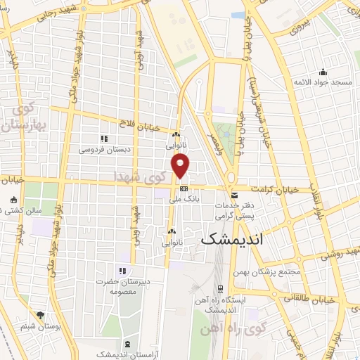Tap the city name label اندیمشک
click(x=231, y=239)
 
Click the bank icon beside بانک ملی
click(x=184, y=188)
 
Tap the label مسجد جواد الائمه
click(x=323, y=83)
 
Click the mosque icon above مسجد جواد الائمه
click(x=323, y=72)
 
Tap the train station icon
click(x=221, y=288)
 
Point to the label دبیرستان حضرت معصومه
click(x=116, y=285)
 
